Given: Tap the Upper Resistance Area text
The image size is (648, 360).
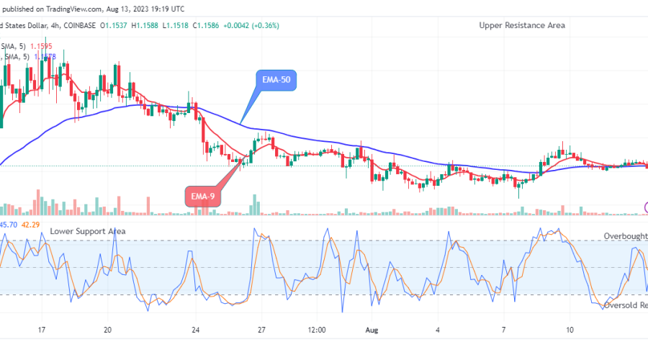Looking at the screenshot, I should coord(522,25).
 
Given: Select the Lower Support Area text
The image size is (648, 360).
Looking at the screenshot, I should coord(88,231).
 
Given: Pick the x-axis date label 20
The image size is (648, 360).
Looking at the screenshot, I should coord(108,329).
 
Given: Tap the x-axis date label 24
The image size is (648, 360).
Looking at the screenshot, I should coord(194,329).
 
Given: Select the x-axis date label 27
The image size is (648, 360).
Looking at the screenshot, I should coord(261,329).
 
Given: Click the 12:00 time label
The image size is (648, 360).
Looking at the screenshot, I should coord(317,329).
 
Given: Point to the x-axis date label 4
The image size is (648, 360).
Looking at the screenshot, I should coord(438,329).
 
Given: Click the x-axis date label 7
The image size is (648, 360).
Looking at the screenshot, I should coord(504,329).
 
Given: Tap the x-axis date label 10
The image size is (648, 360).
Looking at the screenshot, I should coord(570,329).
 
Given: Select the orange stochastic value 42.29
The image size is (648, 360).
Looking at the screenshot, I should coord(30,225).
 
